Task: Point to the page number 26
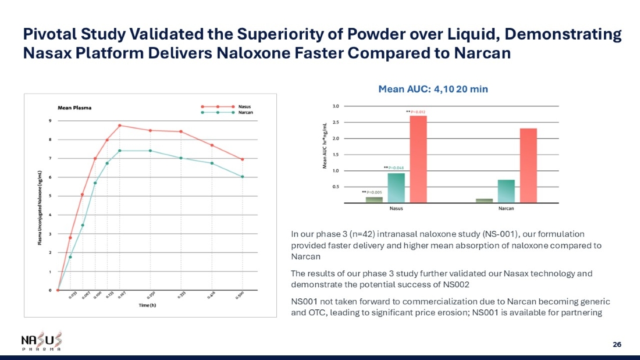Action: point(617,344)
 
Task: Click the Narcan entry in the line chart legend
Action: point(245,113)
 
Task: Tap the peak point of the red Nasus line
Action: point(119,125)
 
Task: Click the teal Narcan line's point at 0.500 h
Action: point(242,177)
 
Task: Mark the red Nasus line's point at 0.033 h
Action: point(70,237)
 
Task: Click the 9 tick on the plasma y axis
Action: point(49,121)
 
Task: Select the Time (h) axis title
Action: point(147,305)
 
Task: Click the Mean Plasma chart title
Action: point(74,108)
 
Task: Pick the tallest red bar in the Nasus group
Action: point(418,158)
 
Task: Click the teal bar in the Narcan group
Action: point(506,191)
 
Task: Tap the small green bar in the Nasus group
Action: point(374,199)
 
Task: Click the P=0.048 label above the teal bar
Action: point(396,168)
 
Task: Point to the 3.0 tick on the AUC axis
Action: point(336,106)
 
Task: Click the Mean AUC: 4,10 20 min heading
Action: point(432,89)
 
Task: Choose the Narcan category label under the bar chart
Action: point(506,208)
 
